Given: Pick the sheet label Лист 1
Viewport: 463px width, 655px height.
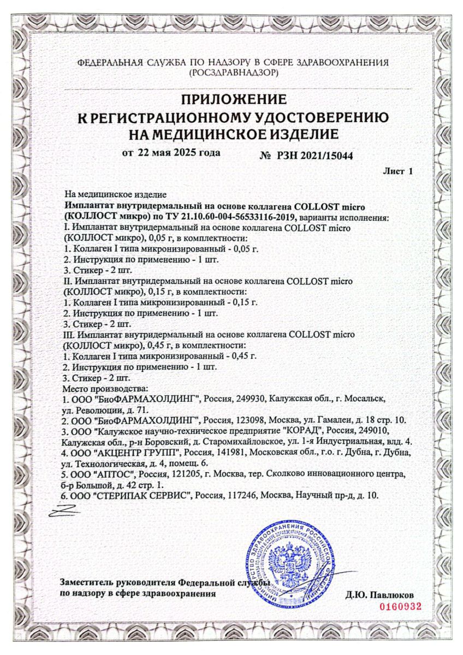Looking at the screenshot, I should (398, 171).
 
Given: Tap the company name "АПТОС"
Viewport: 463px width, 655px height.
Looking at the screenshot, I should (120, 474).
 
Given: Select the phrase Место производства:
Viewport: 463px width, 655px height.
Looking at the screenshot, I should (104, 388).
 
